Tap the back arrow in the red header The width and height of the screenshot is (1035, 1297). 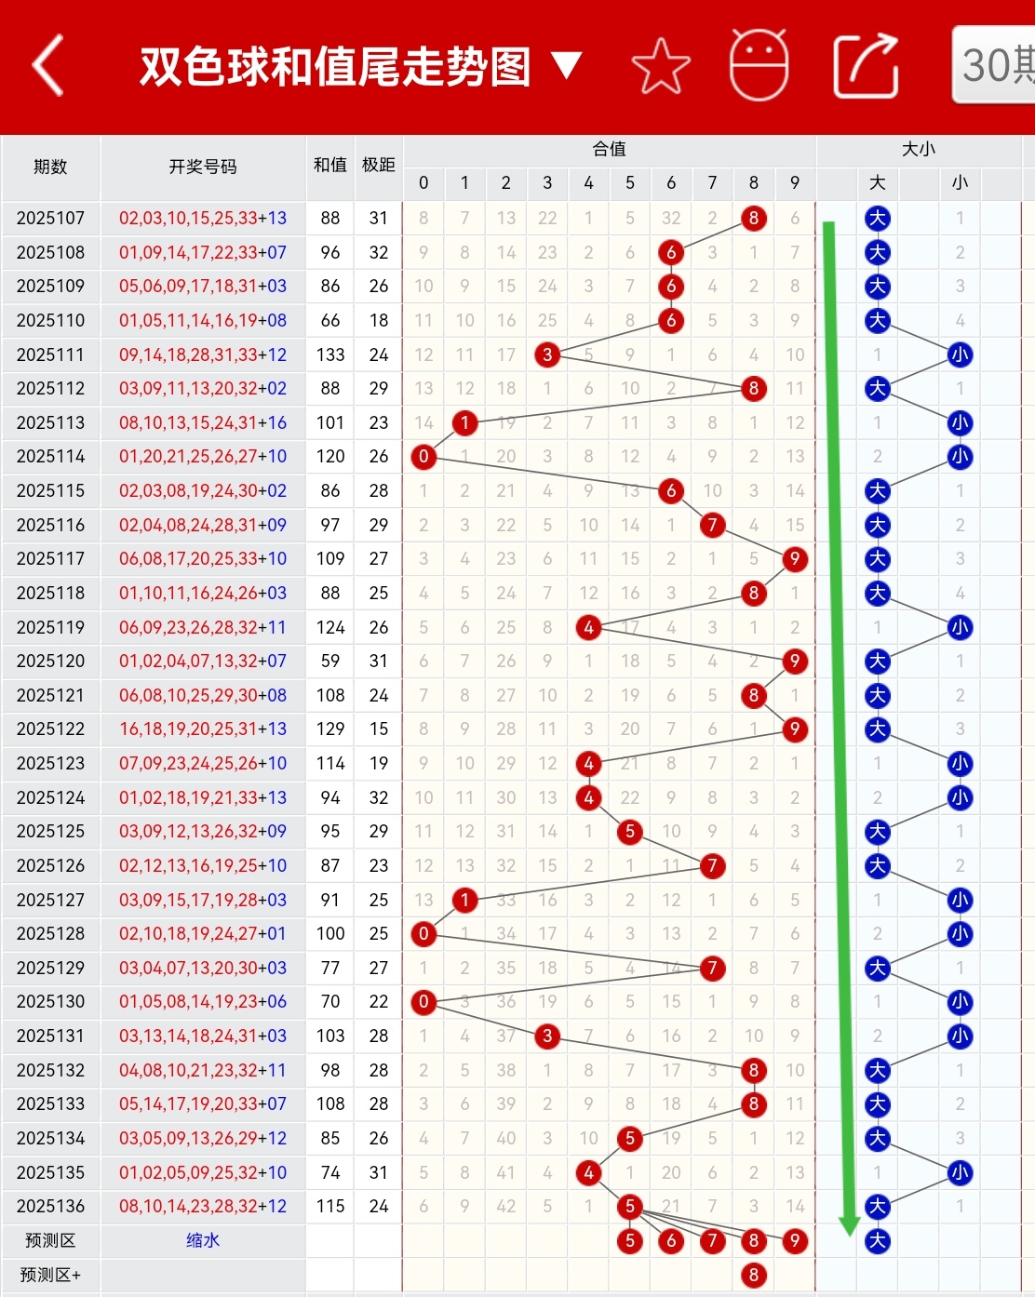(x=48, y=66)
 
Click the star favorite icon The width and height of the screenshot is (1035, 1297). (x=661, y=66)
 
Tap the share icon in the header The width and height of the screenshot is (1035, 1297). (x=865, y=66)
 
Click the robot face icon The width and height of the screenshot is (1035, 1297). (x=759, y=65)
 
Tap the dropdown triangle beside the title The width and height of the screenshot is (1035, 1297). (x=566, y=65)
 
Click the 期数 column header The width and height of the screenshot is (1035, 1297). (x=50, y=167)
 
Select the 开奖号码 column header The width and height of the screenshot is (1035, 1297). (x=203, y=167)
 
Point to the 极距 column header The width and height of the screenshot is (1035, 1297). (x=378, y=165)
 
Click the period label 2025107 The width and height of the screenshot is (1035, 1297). (x=50, y=219)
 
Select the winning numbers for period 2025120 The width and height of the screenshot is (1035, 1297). (x=203, y=662)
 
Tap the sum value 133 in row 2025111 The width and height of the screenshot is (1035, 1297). (x=330, y=354)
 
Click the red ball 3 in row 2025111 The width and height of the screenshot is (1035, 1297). (x=547, y=354)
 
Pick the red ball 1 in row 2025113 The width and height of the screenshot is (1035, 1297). (x=464, y=423)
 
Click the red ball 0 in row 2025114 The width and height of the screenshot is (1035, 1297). (x=423, y=457)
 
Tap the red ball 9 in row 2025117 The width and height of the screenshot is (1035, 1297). (x=794, y=559)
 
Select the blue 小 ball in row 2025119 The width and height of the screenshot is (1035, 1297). (x=960, y=627)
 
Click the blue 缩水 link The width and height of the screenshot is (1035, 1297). (x=203, y=1240)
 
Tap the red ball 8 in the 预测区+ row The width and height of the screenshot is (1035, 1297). (x=753, y=1275)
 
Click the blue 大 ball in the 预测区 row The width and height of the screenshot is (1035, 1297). (x=877, y=1240)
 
